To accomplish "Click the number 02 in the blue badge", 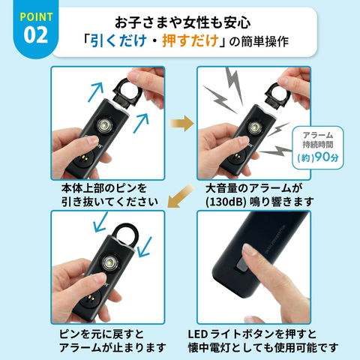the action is [36, 35].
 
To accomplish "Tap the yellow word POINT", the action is [36, 17].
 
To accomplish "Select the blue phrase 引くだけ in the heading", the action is [118, 40].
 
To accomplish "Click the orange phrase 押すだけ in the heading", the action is [190, 40].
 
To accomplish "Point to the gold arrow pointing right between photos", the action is [181, 123].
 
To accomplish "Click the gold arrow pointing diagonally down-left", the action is [181, 196].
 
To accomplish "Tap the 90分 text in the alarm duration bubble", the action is [327, 157].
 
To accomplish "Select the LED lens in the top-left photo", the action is [103, 125].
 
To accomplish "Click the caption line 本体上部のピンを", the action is [104, 188].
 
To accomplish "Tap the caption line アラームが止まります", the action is [112, 347].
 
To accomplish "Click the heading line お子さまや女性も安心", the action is [183, 22].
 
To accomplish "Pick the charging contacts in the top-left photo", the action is [84, 157].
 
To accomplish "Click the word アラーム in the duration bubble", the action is [318, 135].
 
